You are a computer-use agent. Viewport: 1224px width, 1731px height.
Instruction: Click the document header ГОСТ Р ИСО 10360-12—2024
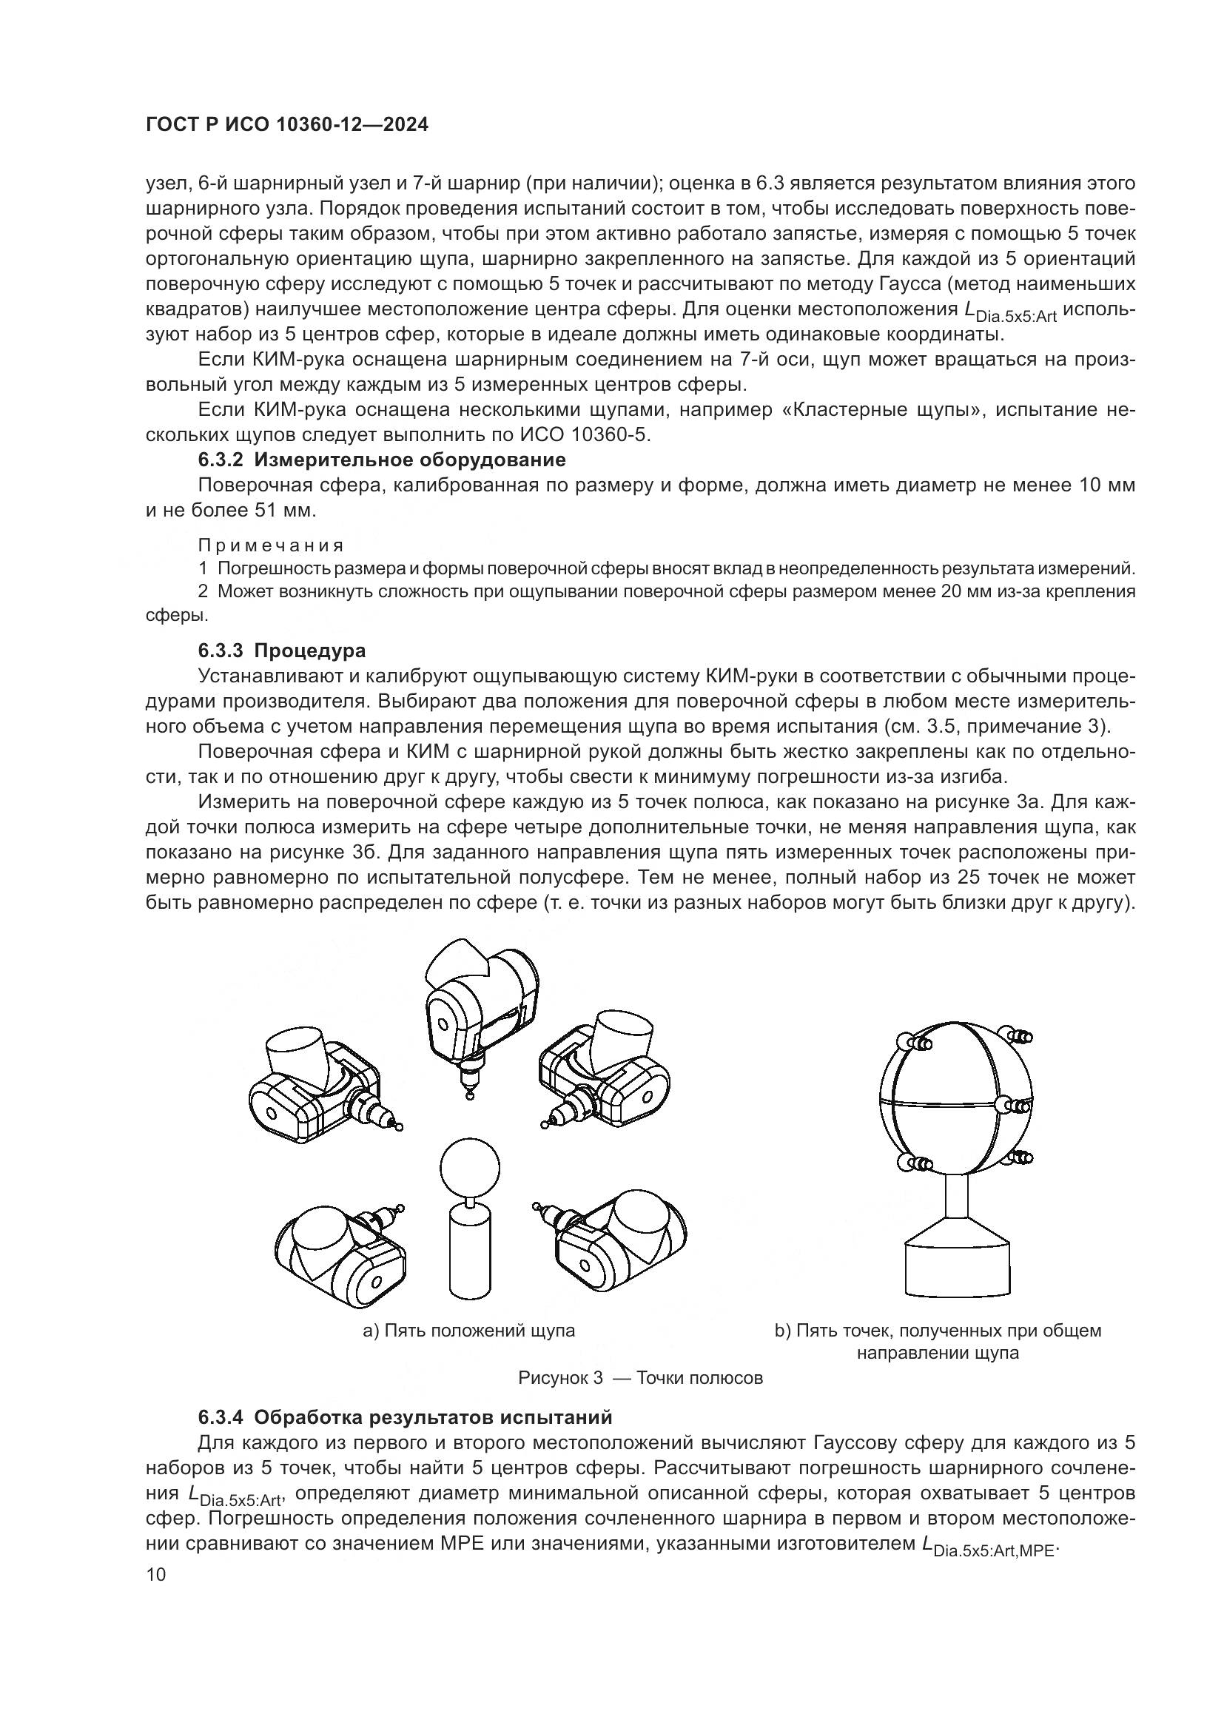[x=287, y=125]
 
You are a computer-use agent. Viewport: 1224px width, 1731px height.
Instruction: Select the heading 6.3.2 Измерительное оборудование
[x=381, y=460]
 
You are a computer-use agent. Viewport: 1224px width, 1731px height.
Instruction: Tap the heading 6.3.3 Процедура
[x=282, y=650]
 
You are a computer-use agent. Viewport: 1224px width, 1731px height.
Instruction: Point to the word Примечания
[x=271, y=545]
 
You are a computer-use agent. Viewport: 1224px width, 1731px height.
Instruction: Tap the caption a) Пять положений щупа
[x=468, y=1331]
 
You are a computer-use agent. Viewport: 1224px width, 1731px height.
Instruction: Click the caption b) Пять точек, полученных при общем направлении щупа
[x=938, y=1341]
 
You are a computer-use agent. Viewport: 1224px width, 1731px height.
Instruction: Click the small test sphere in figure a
[x=470, y=1169]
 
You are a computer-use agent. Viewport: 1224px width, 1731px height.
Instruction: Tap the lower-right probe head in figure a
[x=618, y=1239]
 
